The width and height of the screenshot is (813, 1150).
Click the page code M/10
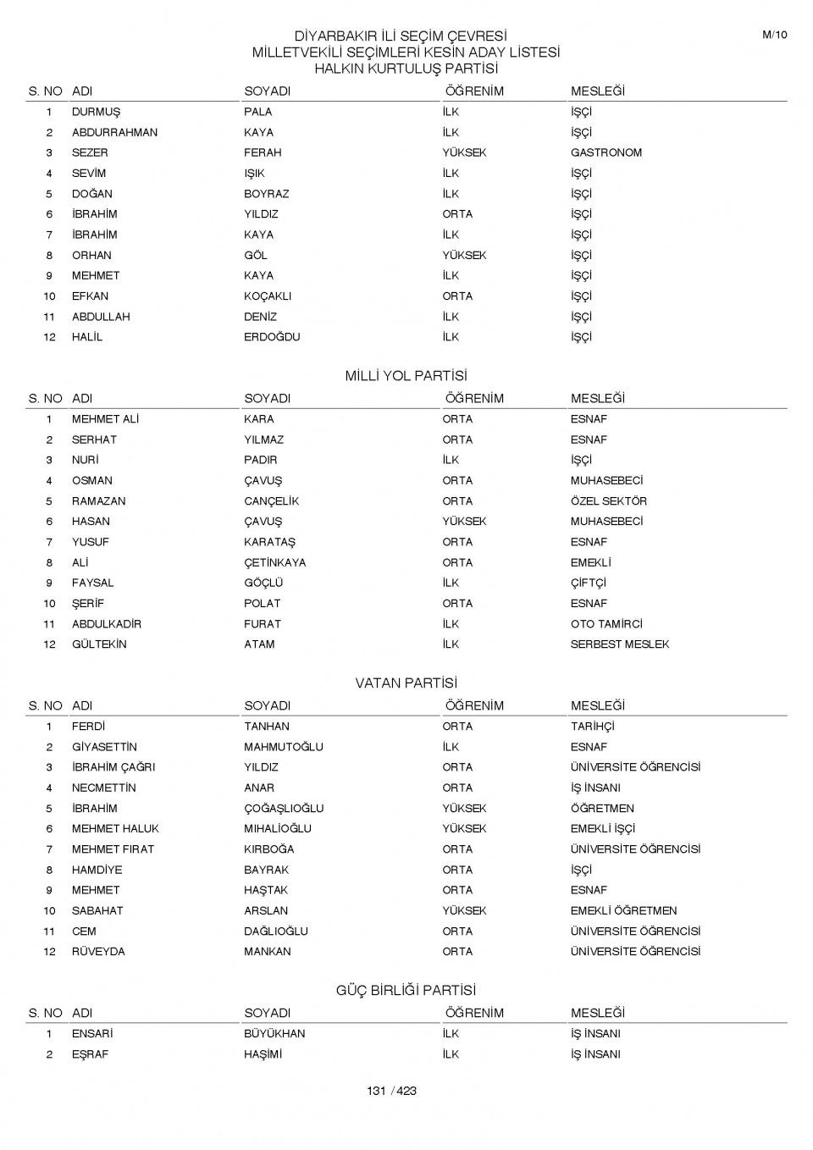click(774, 35)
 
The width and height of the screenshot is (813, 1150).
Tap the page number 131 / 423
click(391, 1091)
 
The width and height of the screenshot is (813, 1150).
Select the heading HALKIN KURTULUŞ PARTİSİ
click(406, 69)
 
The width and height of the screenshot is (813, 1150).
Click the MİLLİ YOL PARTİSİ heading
click(406, 376)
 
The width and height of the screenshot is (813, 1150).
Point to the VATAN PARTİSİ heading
click(406, 683)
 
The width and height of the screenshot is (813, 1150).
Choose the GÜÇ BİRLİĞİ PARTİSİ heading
click(406, 991)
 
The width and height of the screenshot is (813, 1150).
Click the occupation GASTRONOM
click(606, 153)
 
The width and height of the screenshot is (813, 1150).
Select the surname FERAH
click(263, 153)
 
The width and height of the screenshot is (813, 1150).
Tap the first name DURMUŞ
click(96, 112)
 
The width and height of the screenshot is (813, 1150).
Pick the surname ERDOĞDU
click(272, 337)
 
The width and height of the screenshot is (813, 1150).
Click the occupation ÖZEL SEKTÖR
click(608, 501)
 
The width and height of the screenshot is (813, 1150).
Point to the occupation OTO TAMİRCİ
click(606, 624)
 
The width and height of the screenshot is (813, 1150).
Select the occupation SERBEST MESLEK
click(619, 644)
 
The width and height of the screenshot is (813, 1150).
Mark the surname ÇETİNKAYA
click(275, 563)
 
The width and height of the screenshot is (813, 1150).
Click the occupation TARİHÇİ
click(592, 727)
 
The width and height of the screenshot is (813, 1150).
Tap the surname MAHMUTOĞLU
click(284, 747)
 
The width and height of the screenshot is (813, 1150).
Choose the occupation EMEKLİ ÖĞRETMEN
click(623, 911)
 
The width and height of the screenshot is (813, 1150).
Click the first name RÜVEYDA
click(98, 952)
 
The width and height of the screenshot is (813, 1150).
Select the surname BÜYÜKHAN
click(274, 1034)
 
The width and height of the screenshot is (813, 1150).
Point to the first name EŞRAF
click(90, 1054)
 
